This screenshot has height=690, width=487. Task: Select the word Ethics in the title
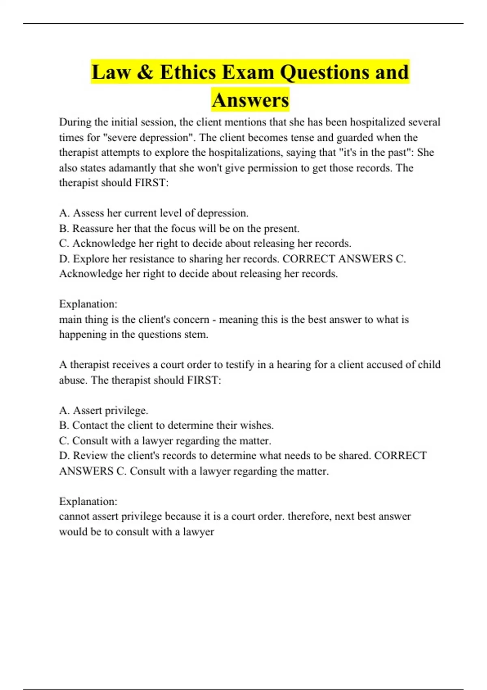click(188, 72)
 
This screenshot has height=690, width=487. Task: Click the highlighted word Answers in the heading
click(250, 100)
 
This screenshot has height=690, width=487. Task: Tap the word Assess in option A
click(88, 213)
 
